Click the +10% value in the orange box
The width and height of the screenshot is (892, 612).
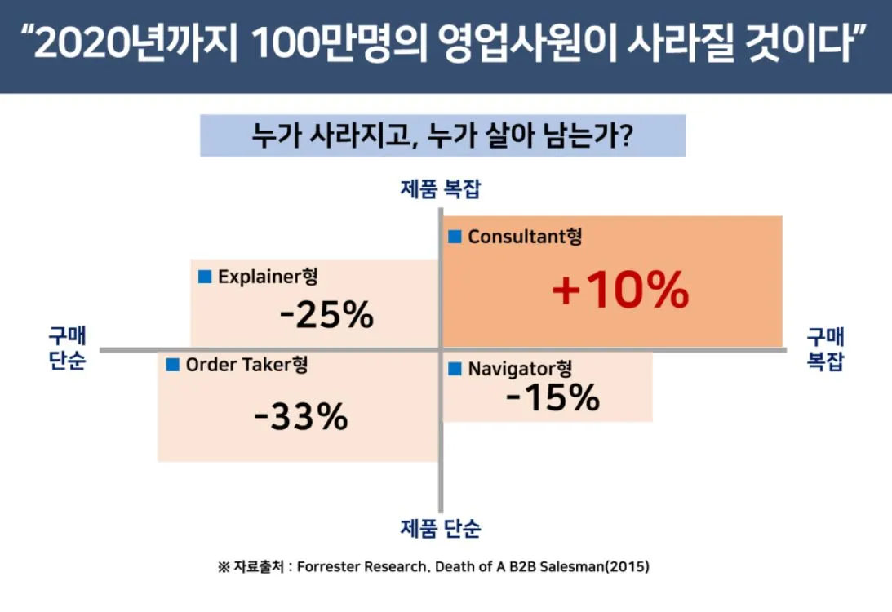[620, 290]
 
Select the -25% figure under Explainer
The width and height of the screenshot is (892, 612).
[326, 315]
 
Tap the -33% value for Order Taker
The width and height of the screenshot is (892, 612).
[300, 417]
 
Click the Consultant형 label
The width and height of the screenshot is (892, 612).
[525, 237]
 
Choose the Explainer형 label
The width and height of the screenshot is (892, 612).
[268, 277]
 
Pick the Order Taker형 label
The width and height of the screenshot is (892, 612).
[247, 365]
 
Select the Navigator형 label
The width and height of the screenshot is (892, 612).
[523, 369]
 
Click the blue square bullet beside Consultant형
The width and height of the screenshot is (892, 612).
[455, 237]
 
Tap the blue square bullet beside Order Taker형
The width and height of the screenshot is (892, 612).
[172, 365]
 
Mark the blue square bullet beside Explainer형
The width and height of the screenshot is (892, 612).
[205, 277]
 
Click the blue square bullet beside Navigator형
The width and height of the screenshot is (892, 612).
[455, 369]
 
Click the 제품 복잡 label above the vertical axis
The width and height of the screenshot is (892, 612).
[441, 190]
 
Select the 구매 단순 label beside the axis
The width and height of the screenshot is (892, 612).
[66, 348]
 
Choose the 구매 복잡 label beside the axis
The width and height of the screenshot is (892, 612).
[825, 348]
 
